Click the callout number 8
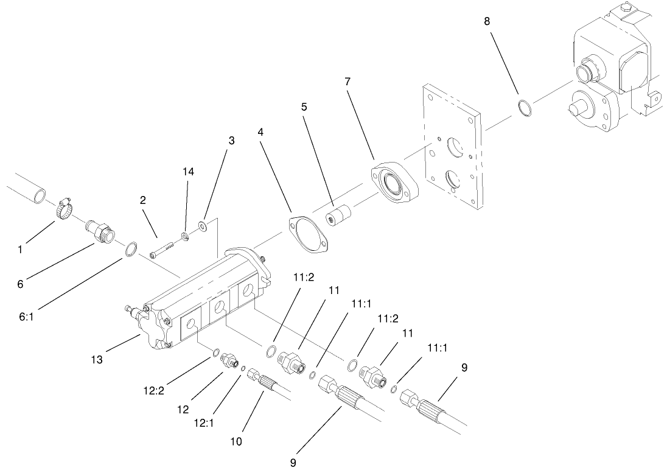coord(486,21)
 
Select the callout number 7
coord(348,82)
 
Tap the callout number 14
coord(189,172)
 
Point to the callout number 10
coord(236,442)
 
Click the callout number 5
coord(304,106)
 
